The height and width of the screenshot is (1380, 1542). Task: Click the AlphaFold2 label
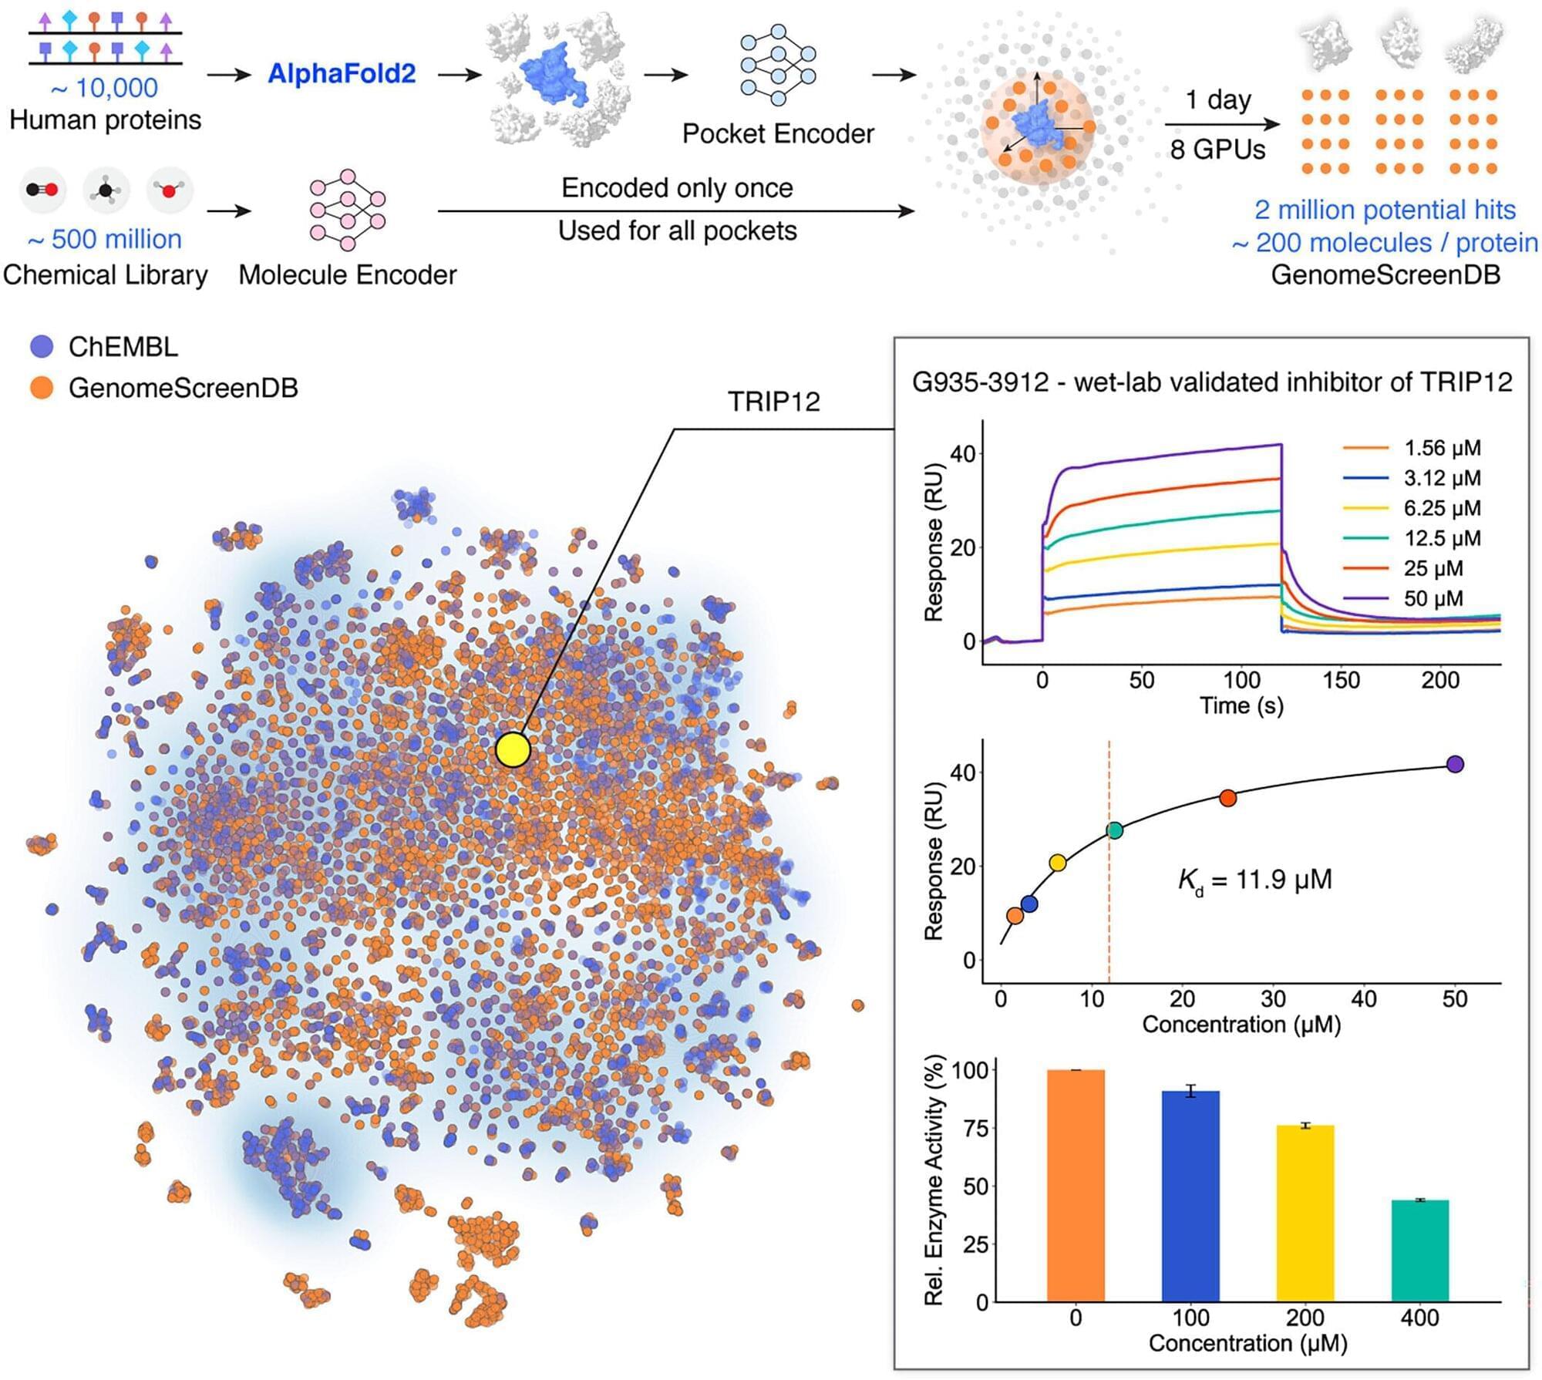(x=342, y=74)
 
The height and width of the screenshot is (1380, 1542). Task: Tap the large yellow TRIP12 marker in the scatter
(x=513, y=749)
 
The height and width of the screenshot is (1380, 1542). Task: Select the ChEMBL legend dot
(x=42, y=346)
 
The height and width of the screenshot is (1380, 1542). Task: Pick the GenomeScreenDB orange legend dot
(x=42, y=387)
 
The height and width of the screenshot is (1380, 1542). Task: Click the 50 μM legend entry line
(x=1365, y=598)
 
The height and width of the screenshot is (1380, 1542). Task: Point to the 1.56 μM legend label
(x=1442, y=448)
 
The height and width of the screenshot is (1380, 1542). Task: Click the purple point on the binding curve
(x=1455, y=764)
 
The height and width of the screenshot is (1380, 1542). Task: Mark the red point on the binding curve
(x=1228, y=798)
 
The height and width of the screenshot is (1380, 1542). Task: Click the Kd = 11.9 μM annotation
(x=1254, y=880)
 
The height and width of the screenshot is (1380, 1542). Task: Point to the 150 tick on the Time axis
(x=1342, y=680)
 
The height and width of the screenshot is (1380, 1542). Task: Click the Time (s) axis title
(x=1241, y=705)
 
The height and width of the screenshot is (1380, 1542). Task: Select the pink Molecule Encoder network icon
(x=348, y=210)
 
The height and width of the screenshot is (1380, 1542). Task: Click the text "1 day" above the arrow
(x=1218, y=100)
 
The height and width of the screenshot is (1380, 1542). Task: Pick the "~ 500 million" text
(x=105, y=240)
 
